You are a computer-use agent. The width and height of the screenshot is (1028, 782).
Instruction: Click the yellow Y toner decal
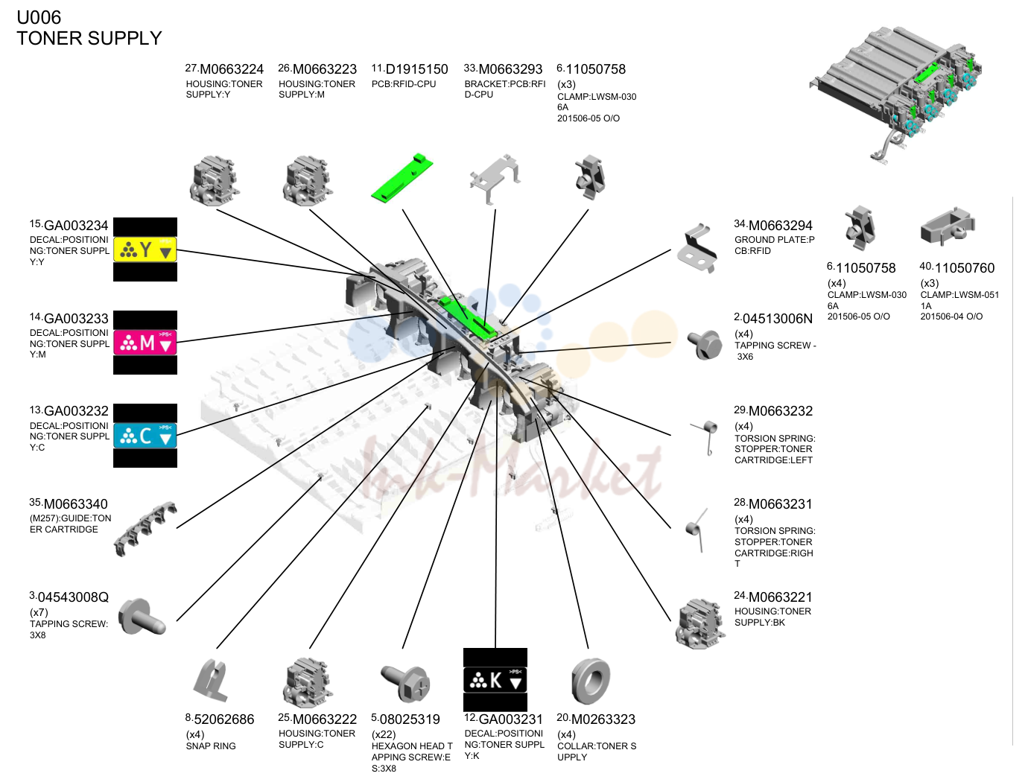145,249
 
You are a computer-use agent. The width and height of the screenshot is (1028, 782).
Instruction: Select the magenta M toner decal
145,343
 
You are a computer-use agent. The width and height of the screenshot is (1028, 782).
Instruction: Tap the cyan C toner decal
145,436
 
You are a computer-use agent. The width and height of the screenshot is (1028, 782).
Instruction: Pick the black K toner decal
495,680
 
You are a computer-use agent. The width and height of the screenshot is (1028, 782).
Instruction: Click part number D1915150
416,69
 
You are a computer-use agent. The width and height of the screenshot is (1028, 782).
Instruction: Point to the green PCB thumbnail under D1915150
402,177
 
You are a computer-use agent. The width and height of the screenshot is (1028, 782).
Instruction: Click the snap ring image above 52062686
211,681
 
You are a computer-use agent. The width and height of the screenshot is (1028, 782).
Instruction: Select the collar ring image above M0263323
591,681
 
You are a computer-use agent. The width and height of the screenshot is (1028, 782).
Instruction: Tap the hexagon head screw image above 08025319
405,683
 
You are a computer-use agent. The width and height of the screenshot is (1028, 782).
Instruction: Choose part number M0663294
780,226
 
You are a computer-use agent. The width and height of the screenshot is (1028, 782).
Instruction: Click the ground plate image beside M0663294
697,248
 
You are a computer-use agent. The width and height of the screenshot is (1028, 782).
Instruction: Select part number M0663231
780,504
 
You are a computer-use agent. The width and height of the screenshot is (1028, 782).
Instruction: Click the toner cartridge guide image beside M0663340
146,529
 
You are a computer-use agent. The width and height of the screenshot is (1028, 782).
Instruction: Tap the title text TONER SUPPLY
89,39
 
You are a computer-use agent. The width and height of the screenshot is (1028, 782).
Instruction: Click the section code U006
39,17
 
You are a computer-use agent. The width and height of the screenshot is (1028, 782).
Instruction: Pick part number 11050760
965,268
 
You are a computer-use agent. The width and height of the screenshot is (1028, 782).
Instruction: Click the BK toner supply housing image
699,623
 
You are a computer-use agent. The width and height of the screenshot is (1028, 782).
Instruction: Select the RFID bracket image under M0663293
495,179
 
